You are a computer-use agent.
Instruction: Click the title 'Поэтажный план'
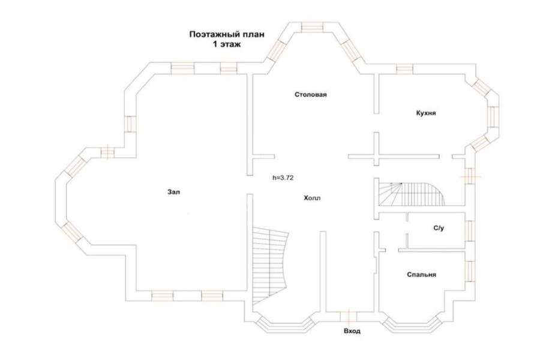pyautogui.click(x=227, y=34)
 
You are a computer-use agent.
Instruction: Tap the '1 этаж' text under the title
pyautogui.click(x=227, y=44)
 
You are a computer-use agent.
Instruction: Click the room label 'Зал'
pyautogui.click(x=173, y=192)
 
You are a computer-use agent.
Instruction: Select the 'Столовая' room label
pyautogui.click(x=311, y=94)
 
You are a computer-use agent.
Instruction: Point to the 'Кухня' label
pyautogui.click(x=426, y=113)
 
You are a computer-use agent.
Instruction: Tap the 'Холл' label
pyautogui.click(x=313, y=198)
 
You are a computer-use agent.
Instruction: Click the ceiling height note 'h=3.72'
pyautogui.click(x=283, y=178)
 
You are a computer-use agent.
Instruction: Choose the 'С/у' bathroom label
pyautogui.click(x=439, y=228)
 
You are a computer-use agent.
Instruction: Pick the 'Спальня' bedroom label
pyautogui.click(x=422, y=275)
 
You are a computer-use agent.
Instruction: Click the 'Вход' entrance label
pyautogui.click(x=352, y=331)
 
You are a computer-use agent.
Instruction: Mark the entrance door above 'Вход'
pyautogui.click(x=349, y=317)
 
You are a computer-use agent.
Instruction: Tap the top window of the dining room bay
pyautogui.click(x=313, y=27)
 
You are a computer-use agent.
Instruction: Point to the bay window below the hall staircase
pyautogui.click(x=285, y=325)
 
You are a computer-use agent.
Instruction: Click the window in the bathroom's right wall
pyautogui.click(x=470, y=231)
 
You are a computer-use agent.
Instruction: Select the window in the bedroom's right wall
pyautogui.click(x=470, y=271)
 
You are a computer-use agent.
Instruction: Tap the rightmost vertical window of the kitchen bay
pyautogui.click(x=494, y=116)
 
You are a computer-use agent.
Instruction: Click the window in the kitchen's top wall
pyautogui.click(x=404, y=69)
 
